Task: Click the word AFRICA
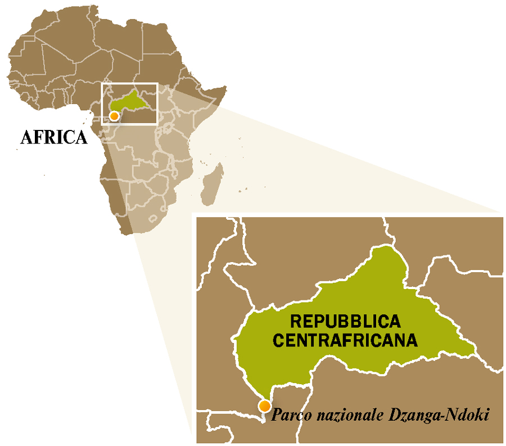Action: point(54,137)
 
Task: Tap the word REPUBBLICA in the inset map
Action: point(345,321)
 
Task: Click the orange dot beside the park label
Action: point(264,406)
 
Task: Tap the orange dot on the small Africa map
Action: point(114,116)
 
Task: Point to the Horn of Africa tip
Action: point(225,88)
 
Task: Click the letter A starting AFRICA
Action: point(25,137)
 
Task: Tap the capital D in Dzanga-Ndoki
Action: point(400,416)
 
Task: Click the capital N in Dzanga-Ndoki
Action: point(452,416)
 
